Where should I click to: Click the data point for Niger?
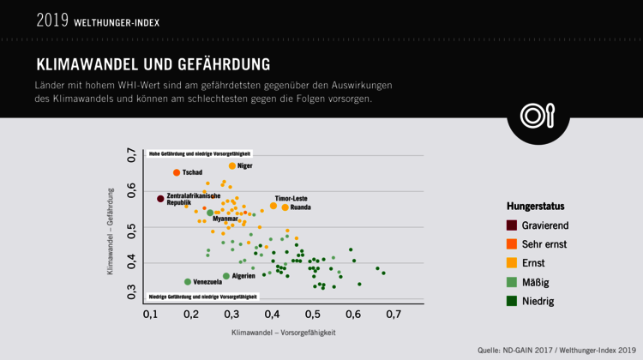[232, 165]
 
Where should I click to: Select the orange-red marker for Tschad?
[177, 172]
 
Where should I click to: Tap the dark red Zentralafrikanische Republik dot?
[160, 199]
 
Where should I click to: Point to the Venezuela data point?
[188, 281]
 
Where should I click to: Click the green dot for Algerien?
[226, 276]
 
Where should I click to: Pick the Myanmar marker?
[209, 213]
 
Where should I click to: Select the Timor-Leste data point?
[273, 206]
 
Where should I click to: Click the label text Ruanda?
[301, 207]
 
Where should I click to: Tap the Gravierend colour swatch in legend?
[512, 225]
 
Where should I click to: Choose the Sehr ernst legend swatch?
[512, 244]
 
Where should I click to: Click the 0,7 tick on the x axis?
[393, 315]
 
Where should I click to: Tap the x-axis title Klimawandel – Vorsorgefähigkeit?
[283, 333]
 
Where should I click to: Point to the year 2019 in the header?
[52, 20]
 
